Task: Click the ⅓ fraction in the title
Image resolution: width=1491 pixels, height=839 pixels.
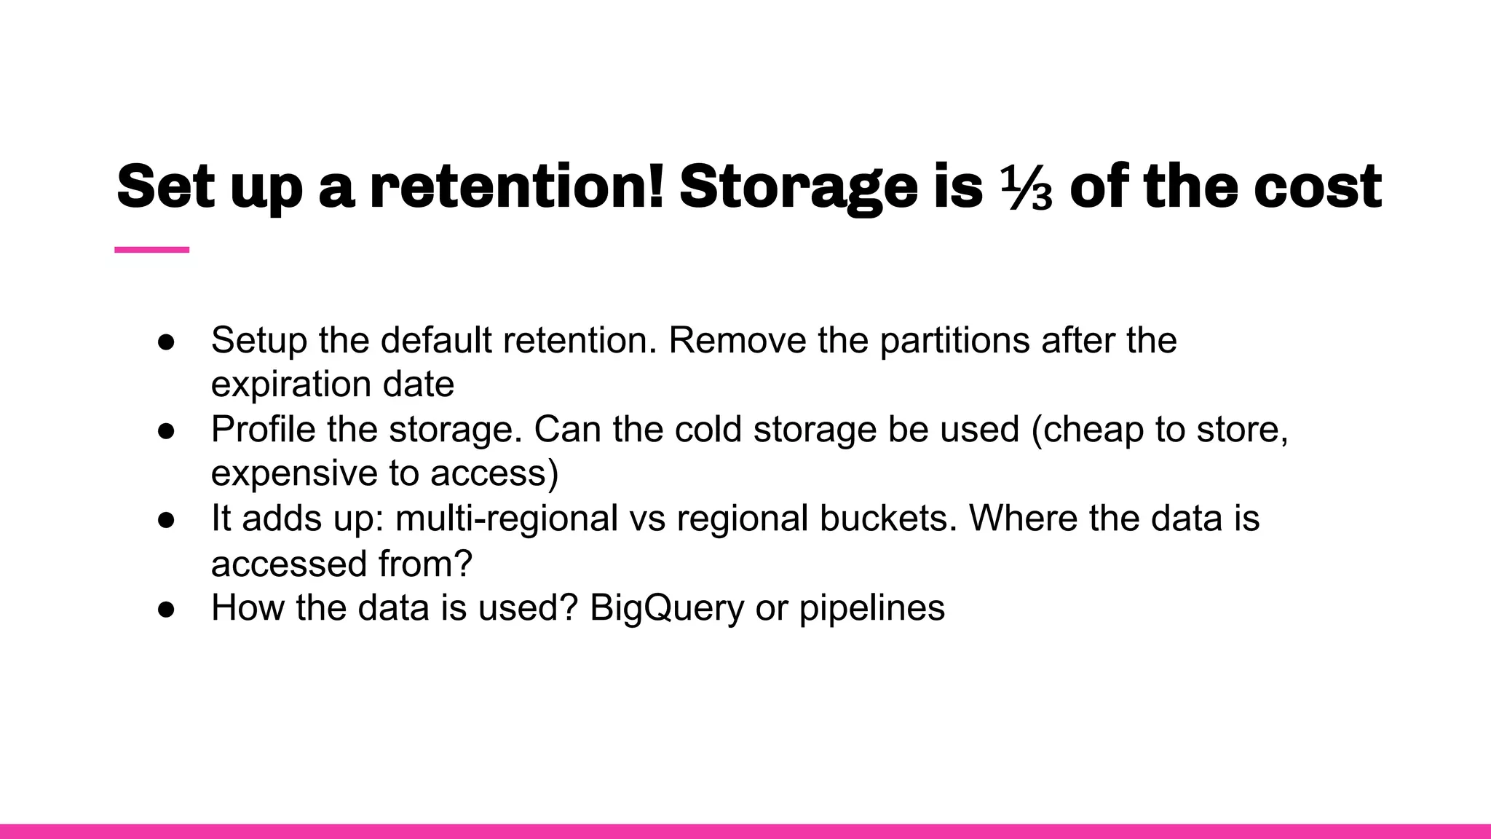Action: [x=1027, y=188]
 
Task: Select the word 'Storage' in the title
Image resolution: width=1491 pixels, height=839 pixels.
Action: [x=799, y=188]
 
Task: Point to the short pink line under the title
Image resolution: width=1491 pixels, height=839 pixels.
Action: [x=151, y=250]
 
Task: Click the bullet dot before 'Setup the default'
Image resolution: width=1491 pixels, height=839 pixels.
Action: [x=166, y=342]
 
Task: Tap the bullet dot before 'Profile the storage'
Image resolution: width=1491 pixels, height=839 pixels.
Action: [x=166, y=430]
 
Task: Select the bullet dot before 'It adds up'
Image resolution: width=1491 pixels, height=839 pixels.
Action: [x=166, y=519]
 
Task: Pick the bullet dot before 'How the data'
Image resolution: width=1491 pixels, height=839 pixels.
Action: [x=166, y=609]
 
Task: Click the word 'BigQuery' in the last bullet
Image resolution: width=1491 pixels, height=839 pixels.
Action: [x=667, y=609]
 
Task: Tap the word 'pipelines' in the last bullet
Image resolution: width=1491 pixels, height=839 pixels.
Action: [x=871, y=609]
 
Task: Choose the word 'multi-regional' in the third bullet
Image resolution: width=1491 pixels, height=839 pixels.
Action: [x=507, y=519]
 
